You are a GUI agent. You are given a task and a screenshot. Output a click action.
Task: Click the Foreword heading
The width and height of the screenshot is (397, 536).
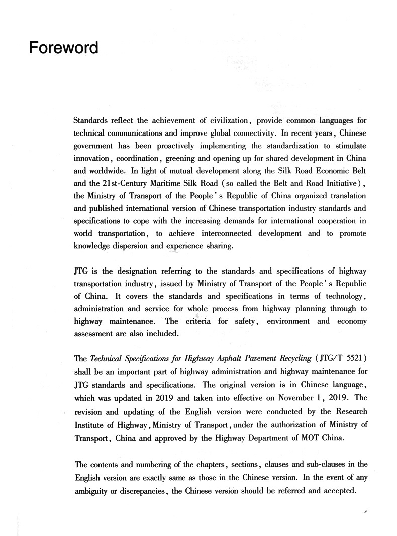click(63, 49)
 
